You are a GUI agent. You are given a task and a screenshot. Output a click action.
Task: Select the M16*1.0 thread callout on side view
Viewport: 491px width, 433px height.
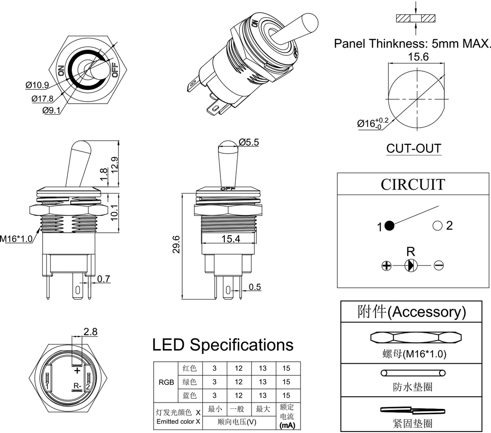[16, 239]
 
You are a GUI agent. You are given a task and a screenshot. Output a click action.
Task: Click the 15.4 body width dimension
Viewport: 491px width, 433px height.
[230, 239]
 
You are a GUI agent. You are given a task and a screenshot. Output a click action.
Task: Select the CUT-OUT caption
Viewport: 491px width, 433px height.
[413, 148]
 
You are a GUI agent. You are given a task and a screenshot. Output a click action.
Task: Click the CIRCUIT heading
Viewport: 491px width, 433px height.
[413, 185]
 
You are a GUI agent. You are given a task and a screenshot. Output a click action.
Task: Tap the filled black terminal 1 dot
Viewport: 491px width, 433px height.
[389, 226]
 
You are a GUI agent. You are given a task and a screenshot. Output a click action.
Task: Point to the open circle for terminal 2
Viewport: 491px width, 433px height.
[437, 226]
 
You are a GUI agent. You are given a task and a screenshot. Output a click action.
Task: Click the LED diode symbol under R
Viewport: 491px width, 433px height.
[410, 266]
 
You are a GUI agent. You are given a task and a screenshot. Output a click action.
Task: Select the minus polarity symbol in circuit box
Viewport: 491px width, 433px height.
[439, 266]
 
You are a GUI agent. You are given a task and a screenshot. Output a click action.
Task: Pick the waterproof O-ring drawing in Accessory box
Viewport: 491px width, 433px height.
[413, 373]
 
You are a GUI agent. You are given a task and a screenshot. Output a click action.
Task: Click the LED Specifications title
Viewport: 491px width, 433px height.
[223, 345]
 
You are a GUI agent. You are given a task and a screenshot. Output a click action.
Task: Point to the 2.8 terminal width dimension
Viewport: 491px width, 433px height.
[90, 332]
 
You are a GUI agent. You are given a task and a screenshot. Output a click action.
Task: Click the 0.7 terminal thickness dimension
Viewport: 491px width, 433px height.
[103, 279]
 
